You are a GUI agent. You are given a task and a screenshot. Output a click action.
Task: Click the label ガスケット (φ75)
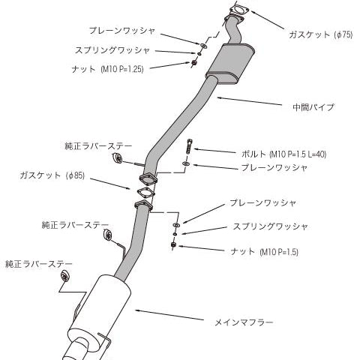click(321, 34)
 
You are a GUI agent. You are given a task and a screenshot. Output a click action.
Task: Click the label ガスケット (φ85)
click(52, 175)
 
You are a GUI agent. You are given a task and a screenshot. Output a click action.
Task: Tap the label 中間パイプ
click(313, 107)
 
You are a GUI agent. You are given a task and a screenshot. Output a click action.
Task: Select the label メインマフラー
click(244, 322)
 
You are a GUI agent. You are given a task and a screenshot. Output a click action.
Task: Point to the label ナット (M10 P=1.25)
click(107, 69)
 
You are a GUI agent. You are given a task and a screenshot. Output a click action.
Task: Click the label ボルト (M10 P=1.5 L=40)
click(284, 154)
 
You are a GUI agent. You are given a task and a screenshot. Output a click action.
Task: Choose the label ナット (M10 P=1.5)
click(264, 251)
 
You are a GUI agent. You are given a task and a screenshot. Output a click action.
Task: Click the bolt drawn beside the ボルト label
click(189, 145)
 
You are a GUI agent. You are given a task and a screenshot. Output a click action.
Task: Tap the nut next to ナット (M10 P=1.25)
click(193, 63)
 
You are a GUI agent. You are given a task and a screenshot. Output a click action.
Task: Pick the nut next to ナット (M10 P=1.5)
click(173, 244)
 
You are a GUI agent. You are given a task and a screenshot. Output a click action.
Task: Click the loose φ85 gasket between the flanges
click(145, 192)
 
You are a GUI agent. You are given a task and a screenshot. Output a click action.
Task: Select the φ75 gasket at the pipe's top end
click(238, 10)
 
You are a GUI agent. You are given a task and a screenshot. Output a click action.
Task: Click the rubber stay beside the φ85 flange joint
click(117, 158)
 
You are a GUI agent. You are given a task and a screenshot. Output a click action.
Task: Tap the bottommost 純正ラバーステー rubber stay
click(64, 276)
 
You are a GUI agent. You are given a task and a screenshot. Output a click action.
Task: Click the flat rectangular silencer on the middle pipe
click(230, 64)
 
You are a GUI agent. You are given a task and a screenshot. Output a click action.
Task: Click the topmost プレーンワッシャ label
click(122, 31)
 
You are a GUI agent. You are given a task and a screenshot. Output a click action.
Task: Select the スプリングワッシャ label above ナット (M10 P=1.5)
click(270, 226)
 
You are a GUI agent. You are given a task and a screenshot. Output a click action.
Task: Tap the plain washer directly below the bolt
click(186, 163)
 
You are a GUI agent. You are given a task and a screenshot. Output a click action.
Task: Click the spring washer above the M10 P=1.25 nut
click(199, 54)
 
